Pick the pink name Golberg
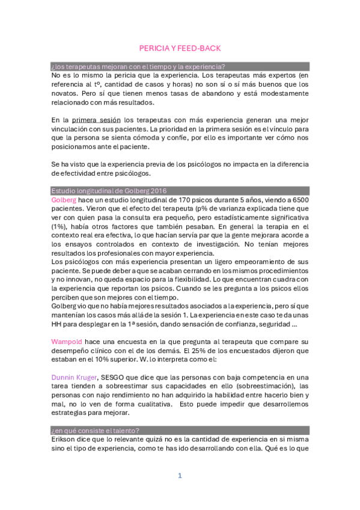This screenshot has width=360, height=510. click(x=64, y=199)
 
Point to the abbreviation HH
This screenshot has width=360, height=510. click(x=58, y=324)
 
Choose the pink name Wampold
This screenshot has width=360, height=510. click(x=67, y=342)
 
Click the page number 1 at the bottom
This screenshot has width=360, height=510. click(x=179, y=476)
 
